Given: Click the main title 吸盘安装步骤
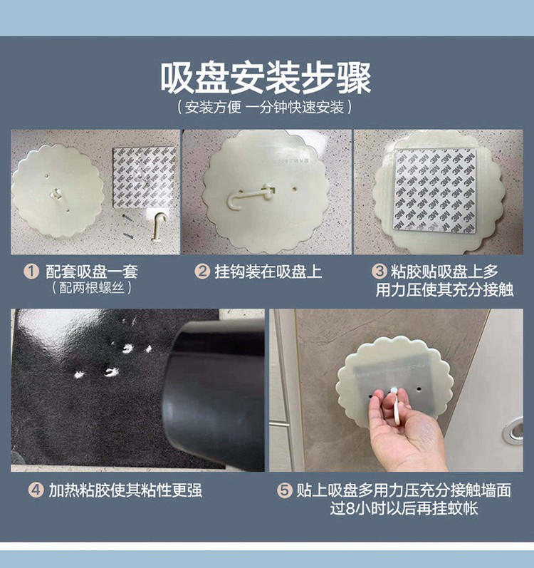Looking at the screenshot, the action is [266, 78].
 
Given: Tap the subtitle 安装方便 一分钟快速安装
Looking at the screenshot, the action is [264, 107].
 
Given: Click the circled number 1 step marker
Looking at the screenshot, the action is [31, 272].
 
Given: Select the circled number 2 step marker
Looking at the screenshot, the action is [202, 272].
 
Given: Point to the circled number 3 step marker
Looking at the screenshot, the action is [379, 272].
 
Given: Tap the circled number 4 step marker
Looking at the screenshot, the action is [36, 490].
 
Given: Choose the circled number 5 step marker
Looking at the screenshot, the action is [284, 490].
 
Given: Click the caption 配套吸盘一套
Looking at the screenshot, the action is [92, 272].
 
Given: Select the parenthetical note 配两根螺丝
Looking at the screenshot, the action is [92, 288].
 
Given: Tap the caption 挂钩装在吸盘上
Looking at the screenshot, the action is [268, 272].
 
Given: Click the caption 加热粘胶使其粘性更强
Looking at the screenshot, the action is [125, 490].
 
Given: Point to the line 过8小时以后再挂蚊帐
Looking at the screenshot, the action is [404, 508].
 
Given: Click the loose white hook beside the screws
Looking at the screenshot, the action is [158, 226].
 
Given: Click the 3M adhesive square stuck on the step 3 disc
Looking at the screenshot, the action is [434, 190].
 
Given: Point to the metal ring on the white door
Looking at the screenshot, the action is [513, 430].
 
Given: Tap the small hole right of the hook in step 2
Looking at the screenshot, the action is [295, 189].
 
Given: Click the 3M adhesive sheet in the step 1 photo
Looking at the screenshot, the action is [145, 177].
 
